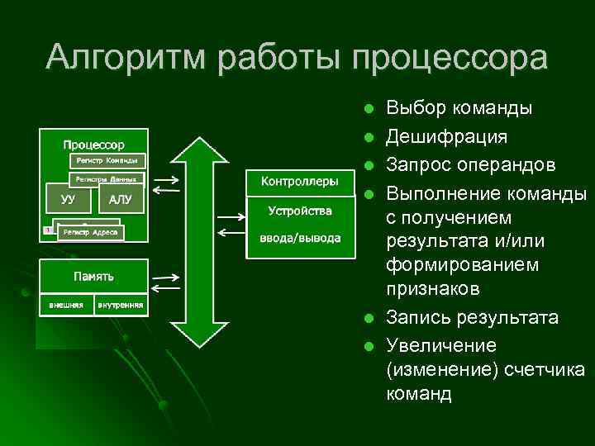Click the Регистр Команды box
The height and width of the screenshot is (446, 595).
107,159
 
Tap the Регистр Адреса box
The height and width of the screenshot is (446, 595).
91,233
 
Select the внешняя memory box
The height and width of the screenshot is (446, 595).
65,304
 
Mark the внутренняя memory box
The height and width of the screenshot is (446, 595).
121,304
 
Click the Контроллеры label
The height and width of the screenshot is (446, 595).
299,181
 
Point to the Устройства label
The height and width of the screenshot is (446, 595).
299,211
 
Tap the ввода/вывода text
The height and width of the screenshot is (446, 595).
299,239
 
